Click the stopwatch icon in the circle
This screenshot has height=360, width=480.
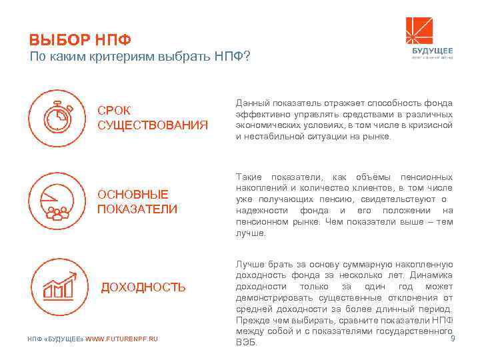(58, 117)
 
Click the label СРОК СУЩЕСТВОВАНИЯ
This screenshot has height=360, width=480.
(153, 117)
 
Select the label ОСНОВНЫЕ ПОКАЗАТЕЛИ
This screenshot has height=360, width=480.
(137, 201)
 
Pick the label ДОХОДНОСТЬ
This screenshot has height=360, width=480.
(143, 287)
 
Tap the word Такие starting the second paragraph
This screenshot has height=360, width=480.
(249, 177)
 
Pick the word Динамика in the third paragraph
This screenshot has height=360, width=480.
(432, 275)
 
